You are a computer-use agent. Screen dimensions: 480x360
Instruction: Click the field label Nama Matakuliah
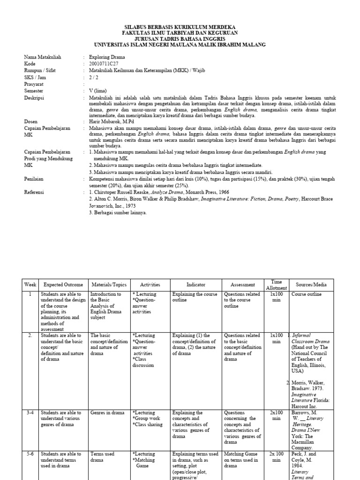(42, 57)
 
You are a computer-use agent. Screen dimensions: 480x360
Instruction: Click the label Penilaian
(35, 179)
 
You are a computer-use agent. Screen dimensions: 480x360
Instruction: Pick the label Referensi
(35, 192)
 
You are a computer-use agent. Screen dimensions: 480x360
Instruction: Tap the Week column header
(30, 285)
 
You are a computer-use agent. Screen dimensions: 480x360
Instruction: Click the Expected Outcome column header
(63, 285)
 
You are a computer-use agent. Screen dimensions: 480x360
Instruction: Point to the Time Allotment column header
(276, 285)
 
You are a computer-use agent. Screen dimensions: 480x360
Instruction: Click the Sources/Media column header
(311, 285)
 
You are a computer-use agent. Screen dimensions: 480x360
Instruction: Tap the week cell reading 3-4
(30, 413)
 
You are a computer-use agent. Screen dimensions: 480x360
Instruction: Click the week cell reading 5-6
(30, 454)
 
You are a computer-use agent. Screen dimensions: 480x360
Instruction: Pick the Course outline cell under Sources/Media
(307, 294)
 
